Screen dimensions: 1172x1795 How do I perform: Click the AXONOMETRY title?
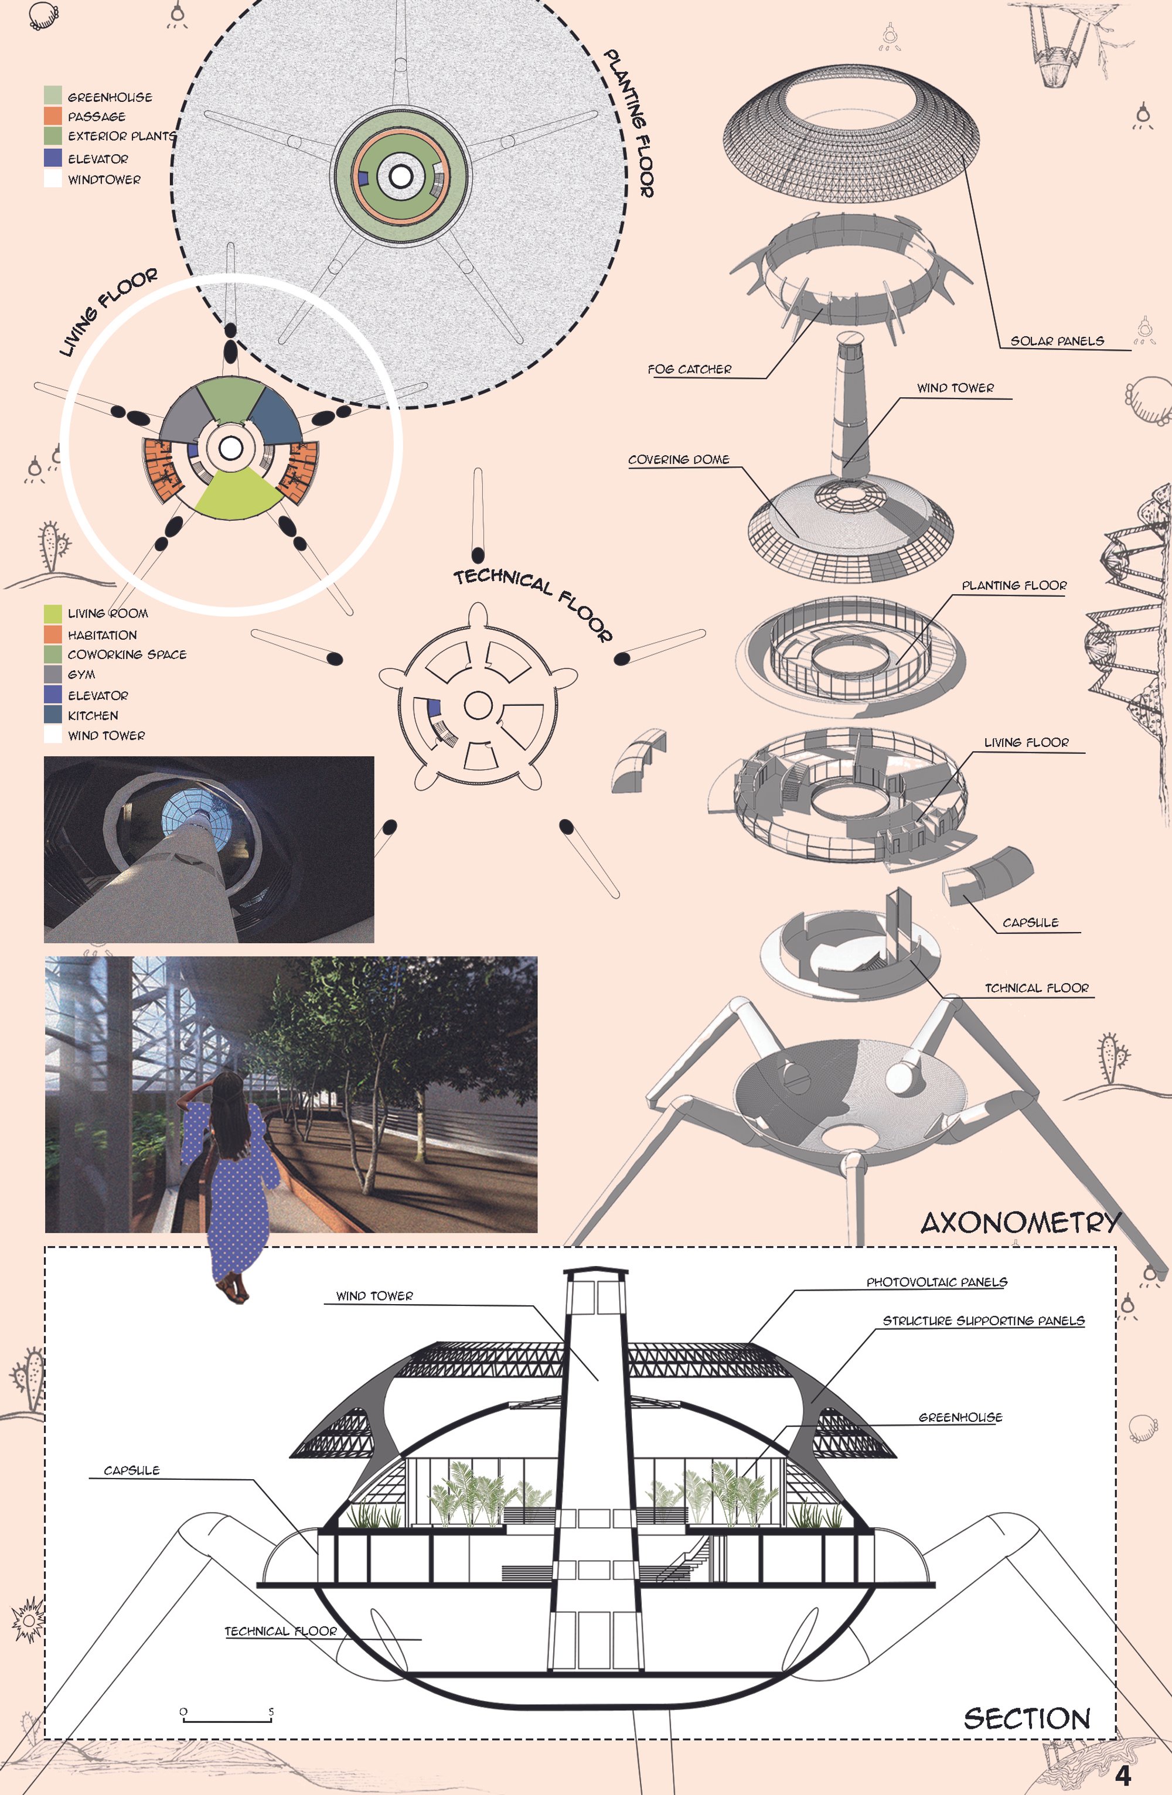pos(1020,1223)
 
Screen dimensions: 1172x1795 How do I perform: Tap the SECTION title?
pos(1027,1719)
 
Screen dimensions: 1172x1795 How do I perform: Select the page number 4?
pos(1123,1776)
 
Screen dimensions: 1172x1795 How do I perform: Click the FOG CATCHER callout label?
pos(689,370)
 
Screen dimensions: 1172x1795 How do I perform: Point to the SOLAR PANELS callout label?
pos(1057,341)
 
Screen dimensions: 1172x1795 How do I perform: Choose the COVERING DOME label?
pos(679,459)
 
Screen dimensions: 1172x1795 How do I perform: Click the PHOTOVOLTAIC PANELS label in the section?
pos(936,1282)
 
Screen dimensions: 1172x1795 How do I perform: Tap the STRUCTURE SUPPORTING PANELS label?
pos(983,1320)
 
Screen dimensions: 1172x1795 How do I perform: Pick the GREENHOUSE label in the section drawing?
pos(960,1417)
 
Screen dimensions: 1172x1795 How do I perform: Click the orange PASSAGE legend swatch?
pos(53,116)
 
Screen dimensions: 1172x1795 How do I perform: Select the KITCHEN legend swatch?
pos(53,714)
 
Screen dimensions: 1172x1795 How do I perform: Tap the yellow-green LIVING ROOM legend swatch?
pos(53,613)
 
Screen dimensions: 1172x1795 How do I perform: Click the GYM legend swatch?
pos(53,674)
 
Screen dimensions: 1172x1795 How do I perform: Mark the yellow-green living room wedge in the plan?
pos(236,494)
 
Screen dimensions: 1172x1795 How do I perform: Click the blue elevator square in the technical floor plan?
pos(434,708)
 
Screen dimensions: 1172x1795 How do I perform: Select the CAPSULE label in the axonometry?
pos(1030,922)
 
